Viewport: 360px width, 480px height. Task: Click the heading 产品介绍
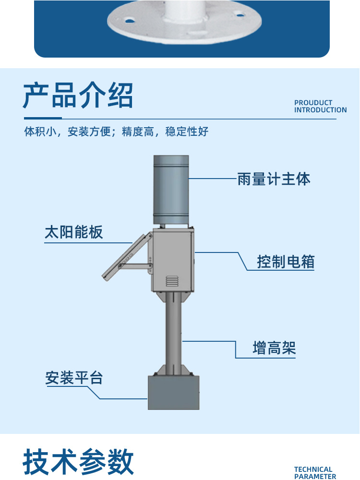click(x=78, y=96)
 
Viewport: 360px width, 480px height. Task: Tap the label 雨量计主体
click(x=274, y=179)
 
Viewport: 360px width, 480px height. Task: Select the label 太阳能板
click(x=74, y=232)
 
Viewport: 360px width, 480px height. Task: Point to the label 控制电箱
click(x=286, y=262)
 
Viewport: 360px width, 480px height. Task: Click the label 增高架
click(x=274, y=348)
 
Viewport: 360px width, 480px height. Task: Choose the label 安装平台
click(x=74, y=378)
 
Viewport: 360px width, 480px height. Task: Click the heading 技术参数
click(x=78, y=462)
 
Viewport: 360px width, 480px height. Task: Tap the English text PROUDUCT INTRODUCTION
click(x=320, y=106)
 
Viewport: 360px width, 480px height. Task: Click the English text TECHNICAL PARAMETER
click(x=315, y=473)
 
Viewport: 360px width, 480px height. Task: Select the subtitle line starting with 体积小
click(x=117, y=132)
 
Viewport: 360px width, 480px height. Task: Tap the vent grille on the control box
click(x=172, y=281)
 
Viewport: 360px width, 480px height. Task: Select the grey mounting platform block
click(x=173, y=392)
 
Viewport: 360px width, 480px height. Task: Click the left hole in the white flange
click(x=129, y=21)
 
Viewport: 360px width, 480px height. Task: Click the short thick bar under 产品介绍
click(x=43, y=118)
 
